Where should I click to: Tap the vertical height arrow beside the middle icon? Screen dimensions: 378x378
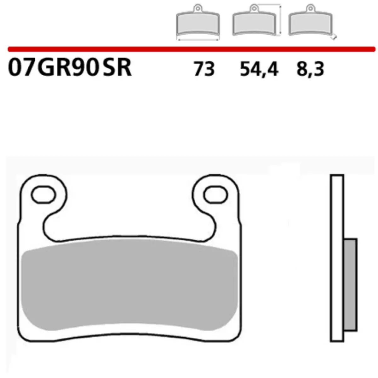(x=280, y=19)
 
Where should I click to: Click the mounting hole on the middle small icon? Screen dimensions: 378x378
(x=254, y=7)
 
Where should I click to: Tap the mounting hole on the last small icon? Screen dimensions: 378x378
(x=311, y=7)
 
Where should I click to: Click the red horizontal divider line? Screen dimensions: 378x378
(x=189, y=49)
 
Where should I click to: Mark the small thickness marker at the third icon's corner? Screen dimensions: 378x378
(x=335, y=37)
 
